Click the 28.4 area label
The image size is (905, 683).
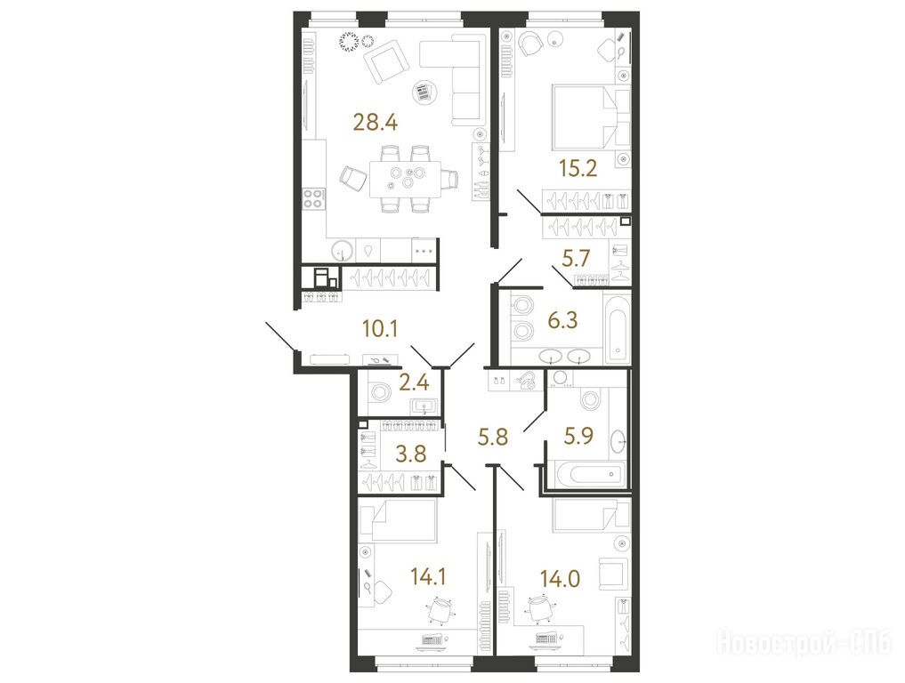(x=376, y=123)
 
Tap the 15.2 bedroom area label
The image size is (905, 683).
(x=578, y=168)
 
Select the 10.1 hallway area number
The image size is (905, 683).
(x=380, y=329)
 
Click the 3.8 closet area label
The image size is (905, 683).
(x=410, y=454)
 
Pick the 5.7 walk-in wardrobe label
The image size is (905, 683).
(x=576, y=258)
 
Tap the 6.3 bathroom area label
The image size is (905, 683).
(x=562, y=319)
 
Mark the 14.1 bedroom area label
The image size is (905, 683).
(x=428, y=576)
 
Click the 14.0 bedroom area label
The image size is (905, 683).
(x=560, y=577)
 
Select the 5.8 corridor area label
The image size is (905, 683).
(x=493, y=437)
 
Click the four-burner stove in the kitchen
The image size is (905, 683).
(x=313, y=198)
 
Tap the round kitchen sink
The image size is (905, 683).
(x=343, y=251)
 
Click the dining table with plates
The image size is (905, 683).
(x=405, y=178)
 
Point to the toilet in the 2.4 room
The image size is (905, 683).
(x=380, y=392)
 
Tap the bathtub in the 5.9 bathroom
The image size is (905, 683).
(x=586, y=474)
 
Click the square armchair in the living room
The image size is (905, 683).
(x=385, y=61)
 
